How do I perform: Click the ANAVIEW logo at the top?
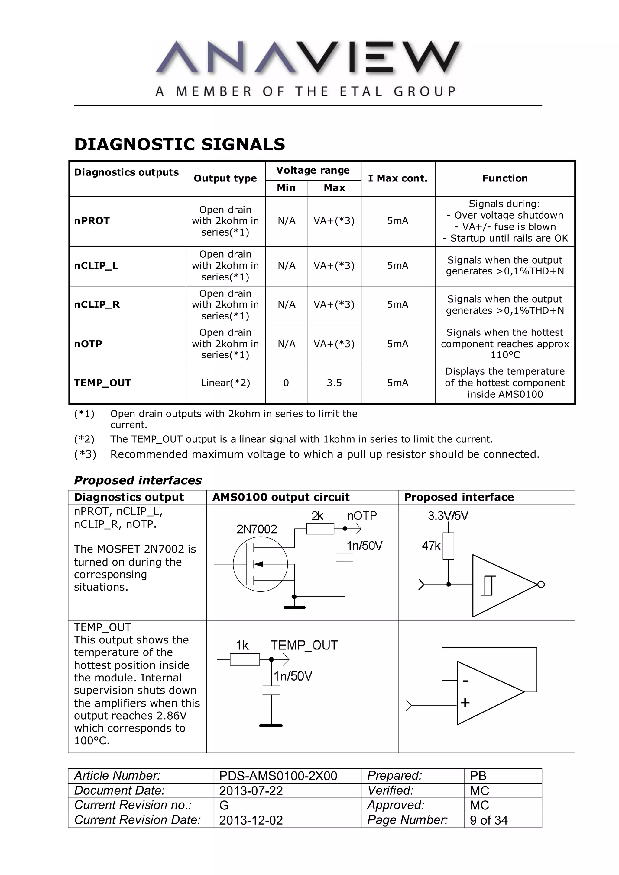[x=308, y=57]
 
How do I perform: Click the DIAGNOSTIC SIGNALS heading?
[x=179, y=144]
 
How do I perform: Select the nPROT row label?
[x=92, y=221]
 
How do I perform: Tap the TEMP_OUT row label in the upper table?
[x=102, y=383]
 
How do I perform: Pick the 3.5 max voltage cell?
[x=334, y=383]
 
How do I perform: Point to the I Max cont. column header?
[x=397, y=178]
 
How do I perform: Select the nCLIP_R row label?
[x=97, y=304]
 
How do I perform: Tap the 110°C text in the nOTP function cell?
[x=505, y=355]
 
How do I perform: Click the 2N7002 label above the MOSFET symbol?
[x=256, y=529]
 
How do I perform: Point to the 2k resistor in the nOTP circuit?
[x=320, y=529]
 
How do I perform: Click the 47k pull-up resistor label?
[x=431, y=546]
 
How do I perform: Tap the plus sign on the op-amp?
[x=465, y=702]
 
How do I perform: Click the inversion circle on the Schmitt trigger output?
[x=541, y=584]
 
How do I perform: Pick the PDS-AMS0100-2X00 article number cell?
[x=278, y=776]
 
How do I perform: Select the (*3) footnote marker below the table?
[x=85, y=454]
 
